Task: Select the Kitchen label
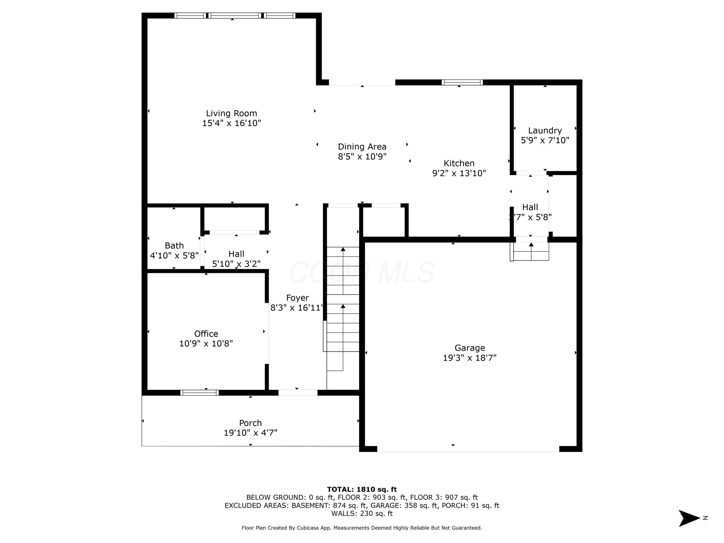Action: pos(459,163)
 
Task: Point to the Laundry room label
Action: pos(545,131)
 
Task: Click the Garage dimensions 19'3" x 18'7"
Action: pos(469,358)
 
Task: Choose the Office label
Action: pos(206,334)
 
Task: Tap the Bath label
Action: pos(174,245)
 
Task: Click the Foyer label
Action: pos(297,298)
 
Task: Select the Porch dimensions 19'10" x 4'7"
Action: pos(251,433)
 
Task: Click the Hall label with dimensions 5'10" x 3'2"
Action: pos(236,254)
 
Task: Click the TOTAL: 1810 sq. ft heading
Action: pos(362,489)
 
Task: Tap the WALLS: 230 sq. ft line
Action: pos(362,513)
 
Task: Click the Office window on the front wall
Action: pos(199,393)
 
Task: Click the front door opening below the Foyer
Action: pos(298,393)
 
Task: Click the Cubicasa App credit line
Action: pos(362,528)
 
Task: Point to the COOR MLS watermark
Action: pos(362,272)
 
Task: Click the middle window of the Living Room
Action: pos(235,15)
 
